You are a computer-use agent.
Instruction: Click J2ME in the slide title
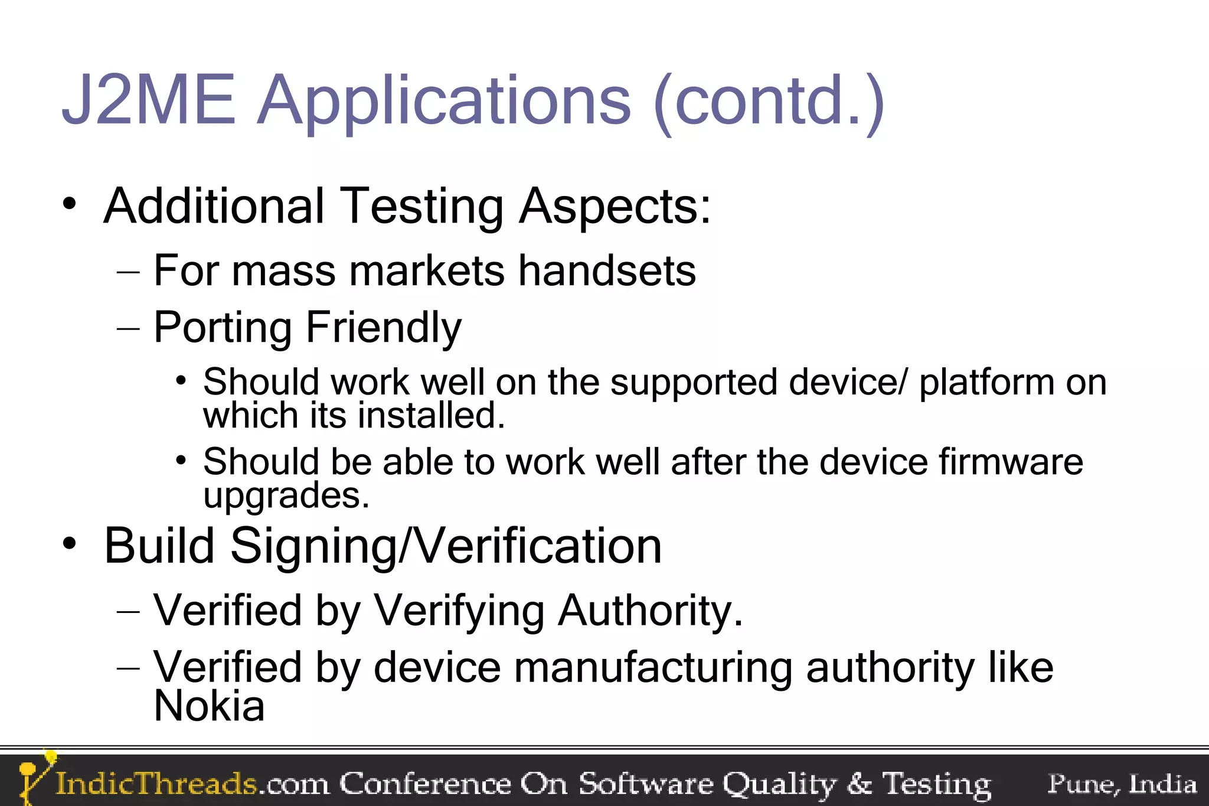[x=149, y=100]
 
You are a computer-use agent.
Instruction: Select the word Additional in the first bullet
[x=214, y=206]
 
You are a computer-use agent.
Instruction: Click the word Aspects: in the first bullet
[x=615, y=207]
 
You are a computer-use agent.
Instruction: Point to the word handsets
[x=607, y=271]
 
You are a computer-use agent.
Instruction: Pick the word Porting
[x=223, y=328]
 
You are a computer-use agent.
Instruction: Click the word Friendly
[x=383, y=328]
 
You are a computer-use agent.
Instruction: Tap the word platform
[x=986, y=383]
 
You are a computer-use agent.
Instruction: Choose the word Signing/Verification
[x=446, y=547]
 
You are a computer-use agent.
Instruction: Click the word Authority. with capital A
[x=650, y=611]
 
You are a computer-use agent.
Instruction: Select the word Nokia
[x=209, y=706]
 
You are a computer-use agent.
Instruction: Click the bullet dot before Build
[x=70, y=543]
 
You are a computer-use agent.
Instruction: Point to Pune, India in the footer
[x=1122, y=784]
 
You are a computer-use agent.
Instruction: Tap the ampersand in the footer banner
[x=859, y=784]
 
